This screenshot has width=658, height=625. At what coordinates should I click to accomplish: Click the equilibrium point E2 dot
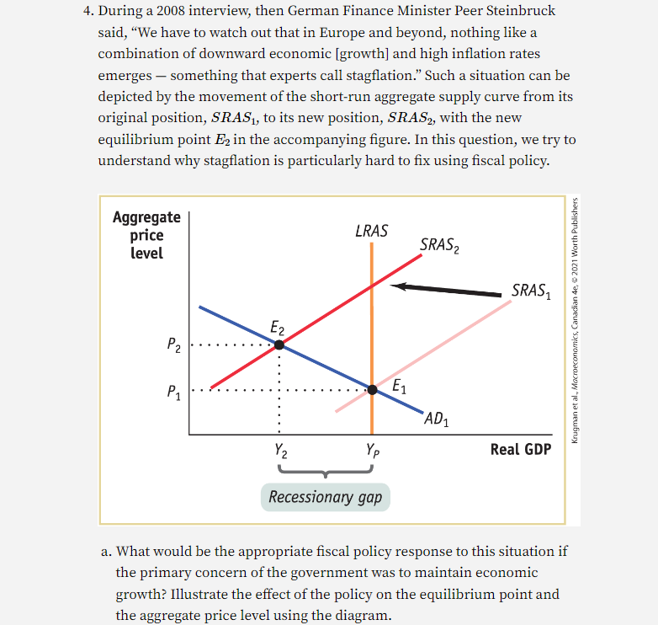click(x=279, y=344)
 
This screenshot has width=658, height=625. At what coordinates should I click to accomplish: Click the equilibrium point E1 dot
click(x=371, y=389)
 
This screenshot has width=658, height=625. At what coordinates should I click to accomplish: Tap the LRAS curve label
click(x=371, y=230)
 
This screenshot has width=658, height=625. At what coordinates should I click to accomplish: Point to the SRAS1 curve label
click(x=532, y=291)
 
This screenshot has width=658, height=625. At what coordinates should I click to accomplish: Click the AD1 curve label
click(x=437, y=419)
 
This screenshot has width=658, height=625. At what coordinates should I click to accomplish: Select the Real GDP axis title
click(x=520, y=449)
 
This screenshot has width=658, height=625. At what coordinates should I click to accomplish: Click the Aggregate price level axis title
click(x=146, y=235)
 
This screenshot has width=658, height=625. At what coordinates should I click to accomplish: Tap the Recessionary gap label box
click(x=325, y=497)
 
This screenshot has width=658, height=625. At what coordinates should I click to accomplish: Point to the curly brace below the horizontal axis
click(x=325, y=472)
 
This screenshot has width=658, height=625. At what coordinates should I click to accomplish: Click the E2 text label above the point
click(x=278, y=326)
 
